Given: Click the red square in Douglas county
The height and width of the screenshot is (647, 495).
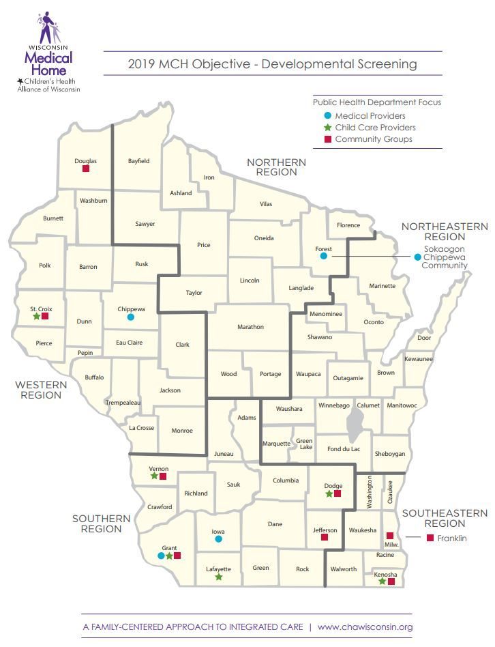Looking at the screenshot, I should click(x=86, y=169).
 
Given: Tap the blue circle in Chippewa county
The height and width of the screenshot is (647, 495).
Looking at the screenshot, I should click(x=131, y=317).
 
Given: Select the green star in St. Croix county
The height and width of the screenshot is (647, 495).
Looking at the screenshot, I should click(x=36, y=316).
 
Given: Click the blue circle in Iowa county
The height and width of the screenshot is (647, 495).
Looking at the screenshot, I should click(x=218, y=538).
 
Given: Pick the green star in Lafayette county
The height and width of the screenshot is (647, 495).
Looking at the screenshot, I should click(x=218, y=577).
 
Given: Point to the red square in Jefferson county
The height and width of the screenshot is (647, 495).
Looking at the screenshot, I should click(x=325, y=537).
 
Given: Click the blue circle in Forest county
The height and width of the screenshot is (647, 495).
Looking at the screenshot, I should click(x=325, y=257).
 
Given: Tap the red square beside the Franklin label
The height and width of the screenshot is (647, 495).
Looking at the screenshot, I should click(x=430, y=538).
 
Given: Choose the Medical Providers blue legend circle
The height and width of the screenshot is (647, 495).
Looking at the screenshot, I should click(x=327, y=116).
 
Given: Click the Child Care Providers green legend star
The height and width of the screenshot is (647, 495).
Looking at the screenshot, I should click(x=327, y=128).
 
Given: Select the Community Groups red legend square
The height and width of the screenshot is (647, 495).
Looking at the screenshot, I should click(x=327, y=139).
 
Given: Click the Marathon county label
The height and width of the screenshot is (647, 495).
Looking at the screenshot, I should click(x=250, y=327).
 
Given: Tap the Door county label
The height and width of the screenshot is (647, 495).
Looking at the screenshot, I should click(x=424, y=338).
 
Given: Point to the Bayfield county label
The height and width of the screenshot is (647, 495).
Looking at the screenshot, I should click(x=138, y=161).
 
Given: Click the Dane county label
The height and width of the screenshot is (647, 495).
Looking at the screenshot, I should click(x=275, y=524).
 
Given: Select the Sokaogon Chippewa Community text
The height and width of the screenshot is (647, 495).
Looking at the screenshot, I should click(x=444, y=257).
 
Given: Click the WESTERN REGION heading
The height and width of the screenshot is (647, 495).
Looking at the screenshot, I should click(x=41, y=390).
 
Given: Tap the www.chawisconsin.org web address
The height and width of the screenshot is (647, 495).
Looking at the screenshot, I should click(x=365, y=627).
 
